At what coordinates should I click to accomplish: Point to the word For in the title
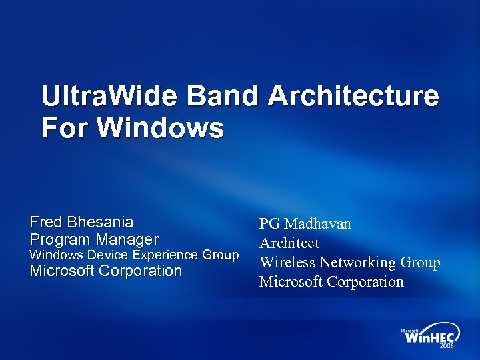[x=63, y=127]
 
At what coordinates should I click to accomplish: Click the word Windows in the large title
[x=159, y=127]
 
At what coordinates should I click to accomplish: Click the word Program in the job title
[x=61, y=239]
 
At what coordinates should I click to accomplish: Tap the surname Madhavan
[x=318, y=223]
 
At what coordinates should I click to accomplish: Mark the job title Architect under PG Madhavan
[x=289, y=243]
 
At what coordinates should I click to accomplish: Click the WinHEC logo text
[x=430, y=337]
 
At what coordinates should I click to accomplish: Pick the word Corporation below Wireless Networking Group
[x=364, y=281]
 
